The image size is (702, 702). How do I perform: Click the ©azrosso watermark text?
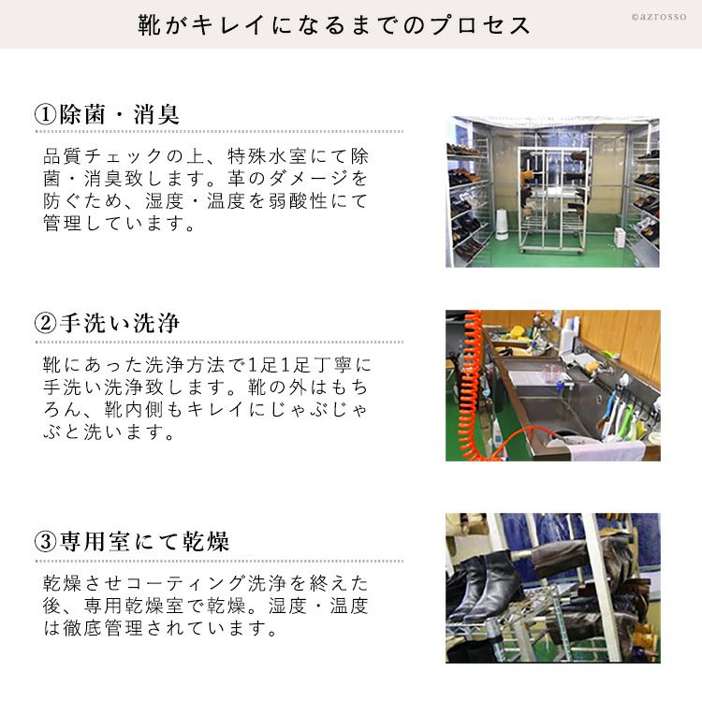pyautogui.click(x=659, y=17)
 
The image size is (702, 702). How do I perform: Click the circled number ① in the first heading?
pyautogui.click(x=45, y=114)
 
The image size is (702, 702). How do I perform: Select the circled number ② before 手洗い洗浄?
pyautogui.click(x=45, y=323)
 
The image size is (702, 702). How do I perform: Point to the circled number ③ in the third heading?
pyautogui.click(x=45, y=541)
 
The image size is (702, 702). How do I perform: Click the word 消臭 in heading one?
pyautogui.click(x=156, y=114)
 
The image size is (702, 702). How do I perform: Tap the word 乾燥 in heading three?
pyautogui.click(x=206, y=541)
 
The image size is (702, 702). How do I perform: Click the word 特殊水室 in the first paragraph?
pyautogui.click(x=268, y=156)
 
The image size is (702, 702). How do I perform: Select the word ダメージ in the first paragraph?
pyautogui.click(x=309, y=179)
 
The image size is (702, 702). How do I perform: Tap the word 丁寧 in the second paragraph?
pyautogui.click(x=332, y=365)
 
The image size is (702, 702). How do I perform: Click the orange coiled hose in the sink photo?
pyautogui.click(x=475, y=385)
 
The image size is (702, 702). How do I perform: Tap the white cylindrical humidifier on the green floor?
pyautogui.click(x=502, y=224)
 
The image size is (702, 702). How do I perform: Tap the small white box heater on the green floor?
pyautogui.click(x=620, y=237)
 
